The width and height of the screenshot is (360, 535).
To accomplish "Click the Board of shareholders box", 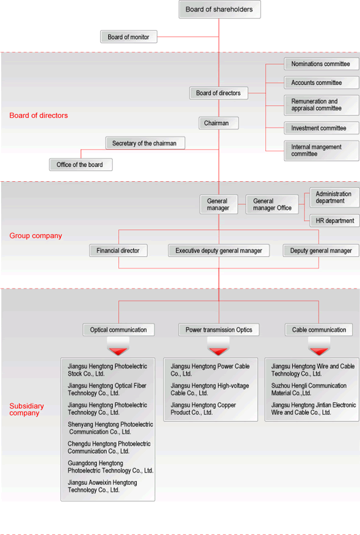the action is (220, 10).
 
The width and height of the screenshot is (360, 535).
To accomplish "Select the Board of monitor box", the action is (129, 37).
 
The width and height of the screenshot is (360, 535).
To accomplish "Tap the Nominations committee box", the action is (321, 64).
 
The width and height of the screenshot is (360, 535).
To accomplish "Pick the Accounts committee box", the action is (321, 82).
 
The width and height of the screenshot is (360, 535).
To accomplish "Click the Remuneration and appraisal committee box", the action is (321, 105).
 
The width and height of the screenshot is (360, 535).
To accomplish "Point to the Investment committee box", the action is (321, 128).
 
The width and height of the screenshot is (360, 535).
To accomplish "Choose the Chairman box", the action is (218, 123).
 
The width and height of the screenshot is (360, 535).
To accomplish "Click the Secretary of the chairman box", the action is (145, 143).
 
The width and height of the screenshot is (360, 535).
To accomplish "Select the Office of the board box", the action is (81, 165).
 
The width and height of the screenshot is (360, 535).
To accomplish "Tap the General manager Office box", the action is (272, 204).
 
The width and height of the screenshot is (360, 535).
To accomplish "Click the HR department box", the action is (334, 221).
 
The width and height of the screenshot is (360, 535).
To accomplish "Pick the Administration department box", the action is (334, 198).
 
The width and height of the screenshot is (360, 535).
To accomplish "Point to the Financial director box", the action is (118, 251).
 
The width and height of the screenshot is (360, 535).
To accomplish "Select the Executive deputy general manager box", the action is (218, 251).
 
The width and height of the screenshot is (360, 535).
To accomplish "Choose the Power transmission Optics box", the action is (218, 330).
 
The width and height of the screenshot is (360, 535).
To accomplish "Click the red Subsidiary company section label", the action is (27, 409).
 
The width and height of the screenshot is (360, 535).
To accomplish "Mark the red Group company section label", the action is (36, 235).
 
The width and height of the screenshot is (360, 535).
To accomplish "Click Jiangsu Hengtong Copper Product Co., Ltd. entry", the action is (203, 409).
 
